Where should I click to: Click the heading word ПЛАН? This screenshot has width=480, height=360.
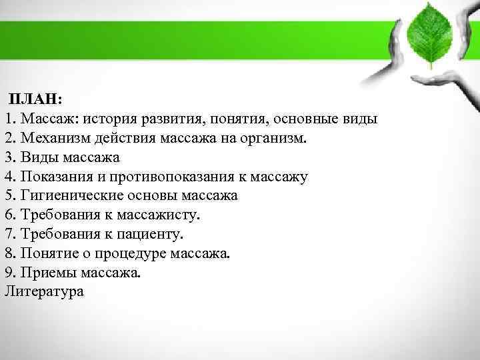[x=35, y=99]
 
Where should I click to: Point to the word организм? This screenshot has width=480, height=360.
[x=273, y=138]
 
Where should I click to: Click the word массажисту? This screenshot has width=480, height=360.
[x=158, y=215]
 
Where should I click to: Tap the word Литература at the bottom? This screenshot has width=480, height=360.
[x=44, y=291]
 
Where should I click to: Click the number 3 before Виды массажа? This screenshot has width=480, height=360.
[x=8, y=157]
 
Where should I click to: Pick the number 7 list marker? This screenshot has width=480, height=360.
[x=8, y=235]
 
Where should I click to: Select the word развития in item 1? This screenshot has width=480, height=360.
[x=170, y=119]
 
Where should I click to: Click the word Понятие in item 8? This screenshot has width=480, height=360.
[x=49, y=254]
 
